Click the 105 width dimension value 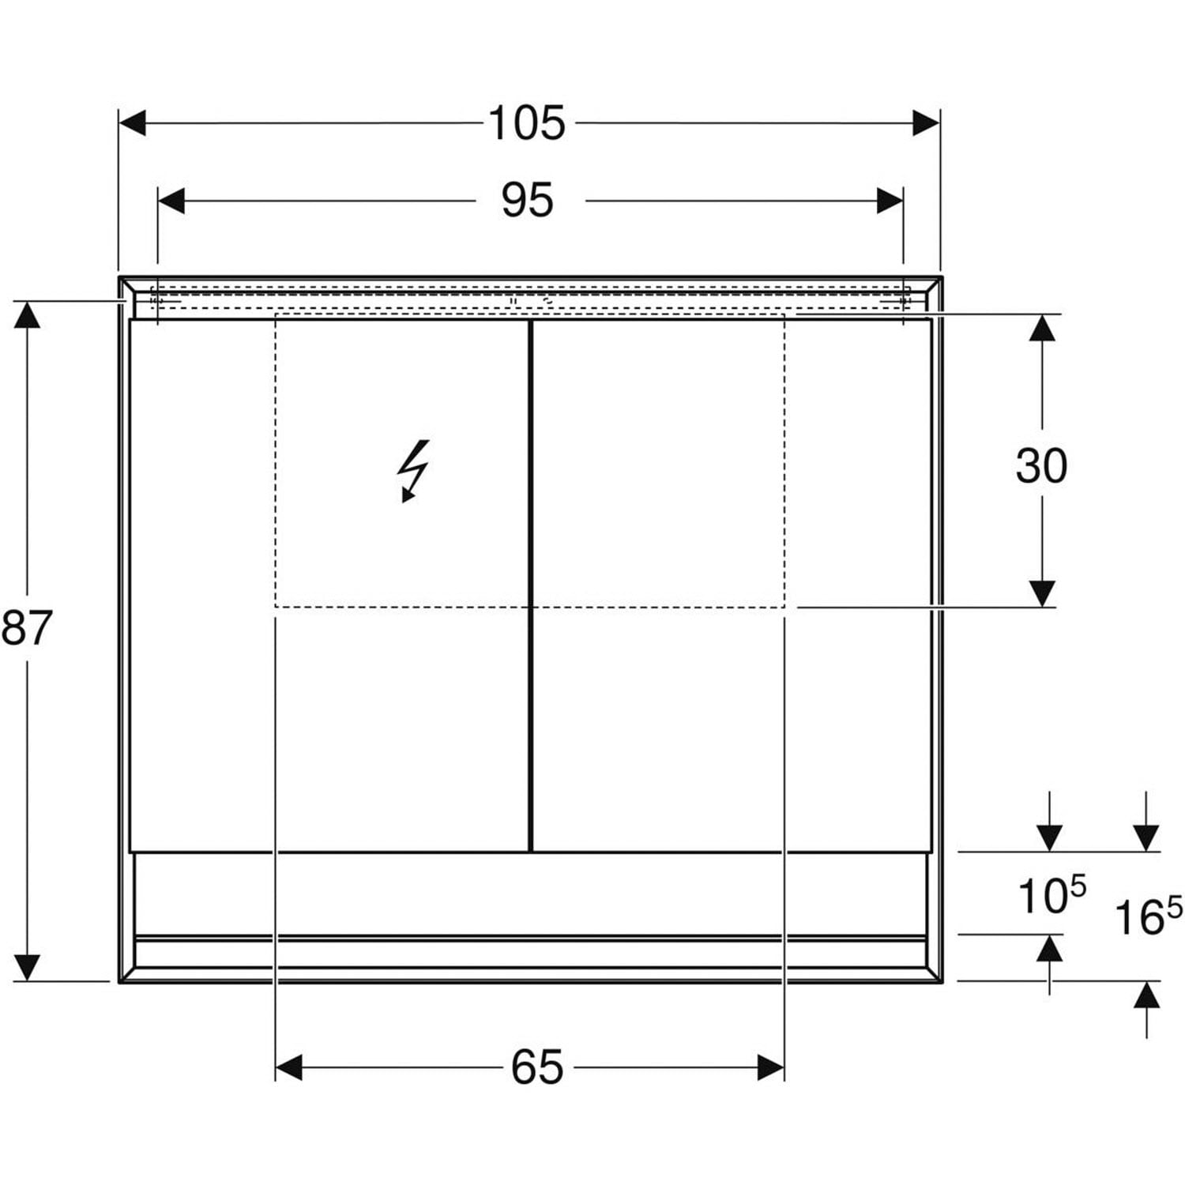point(527,123)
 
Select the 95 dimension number point(527,201)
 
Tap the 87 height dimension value point(26,628)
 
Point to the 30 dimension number point(1041,465)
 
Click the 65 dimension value point(537,1067)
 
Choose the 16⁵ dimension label point(1148,915)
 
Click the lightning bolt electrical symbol point(413,471)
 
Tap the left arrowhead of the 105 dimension point(133,123)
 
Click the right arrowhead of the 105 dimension point(926,123)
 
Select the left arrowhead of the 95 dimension point(171,201)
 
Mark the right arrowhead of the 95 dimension point(890,201)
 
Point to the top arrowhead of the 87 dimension point(27,315)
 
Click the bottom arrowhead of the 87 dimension point(27,967)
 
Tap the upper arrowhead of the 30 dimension point(1042,328)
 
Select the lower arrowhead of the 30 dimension point(1042,593)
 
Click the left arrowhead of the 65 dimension point(289,1068)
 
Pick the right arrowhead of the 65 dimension point(770,1068)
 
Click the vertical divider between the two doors point(531,585)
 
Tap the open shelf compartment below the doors point(530,893)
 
